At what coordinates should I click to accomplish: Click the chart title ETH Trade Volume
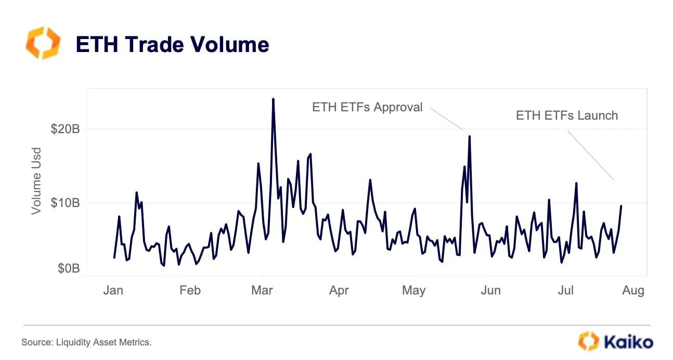[x=172, y=45]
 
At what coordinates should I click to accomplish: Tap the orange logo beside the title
[x=43, y=43]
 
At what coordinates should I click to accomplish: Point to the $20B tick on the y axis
[x=65, y=130]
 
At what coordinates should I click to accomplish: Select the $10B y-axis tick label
[x=65, y=203]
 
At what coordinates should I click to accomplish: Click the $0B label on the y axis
[x=68, y=268]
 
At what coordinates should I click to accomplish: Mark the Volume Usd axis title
[x=36, y=181]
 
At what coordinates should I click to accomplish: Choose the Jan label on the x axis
[x=113, y=290]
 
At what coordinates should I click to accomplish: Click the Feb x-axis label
[x=190, y=290]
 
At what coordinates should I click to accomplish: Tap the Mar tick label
[x=262, y=290]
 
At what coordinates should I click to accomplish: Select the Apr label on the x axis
[x=339, y=290]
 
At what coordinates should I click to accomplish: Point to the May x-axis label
[x=413, y=290]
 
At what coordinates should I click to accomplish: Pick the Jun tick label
[x=490, y=290]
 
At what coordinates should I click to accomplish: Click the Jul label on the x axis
[x=565, y=290]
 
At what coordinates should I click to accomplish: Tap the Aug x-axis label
[x=633, y=290]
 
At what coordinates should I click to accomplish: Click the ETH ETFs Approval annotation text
[x=367, y=107]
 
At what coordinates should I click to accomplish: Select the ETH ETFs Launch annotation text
[x=566, y=115]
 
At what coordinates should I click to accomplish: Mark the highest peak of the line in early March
[x=273, y=99]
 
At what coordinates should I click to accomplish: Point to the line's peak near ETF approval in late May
[x=469, y=136]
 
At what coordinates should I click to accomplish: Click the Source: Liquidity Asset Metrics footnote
[x=86, y=342]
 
